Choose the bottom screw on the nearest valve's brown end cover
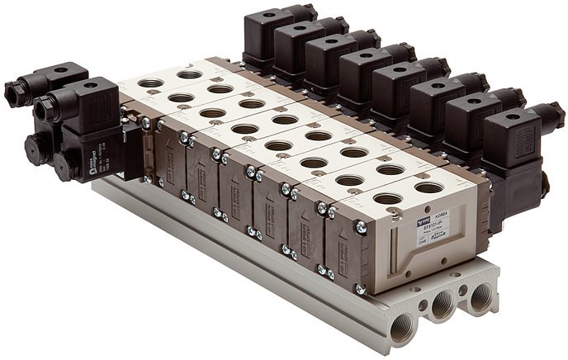(359, 288)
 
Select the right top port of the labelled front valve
(428, 187)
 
